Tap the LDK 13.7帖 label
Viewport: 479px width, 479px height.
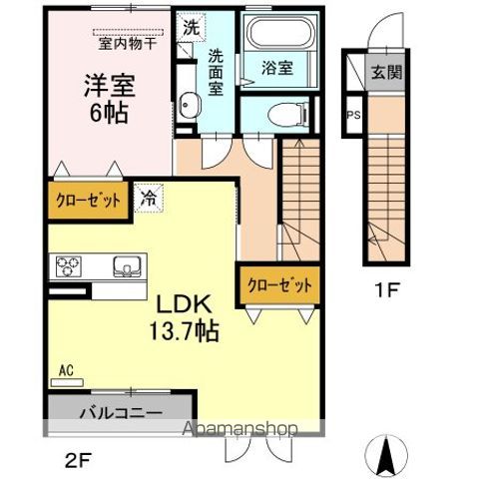186,316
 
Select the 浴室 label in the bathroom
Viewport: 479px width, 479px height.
276,69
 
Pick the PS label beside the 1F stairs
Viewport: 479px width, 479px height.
353,114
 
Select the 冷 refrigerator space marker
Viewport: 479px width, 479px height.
149,198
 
